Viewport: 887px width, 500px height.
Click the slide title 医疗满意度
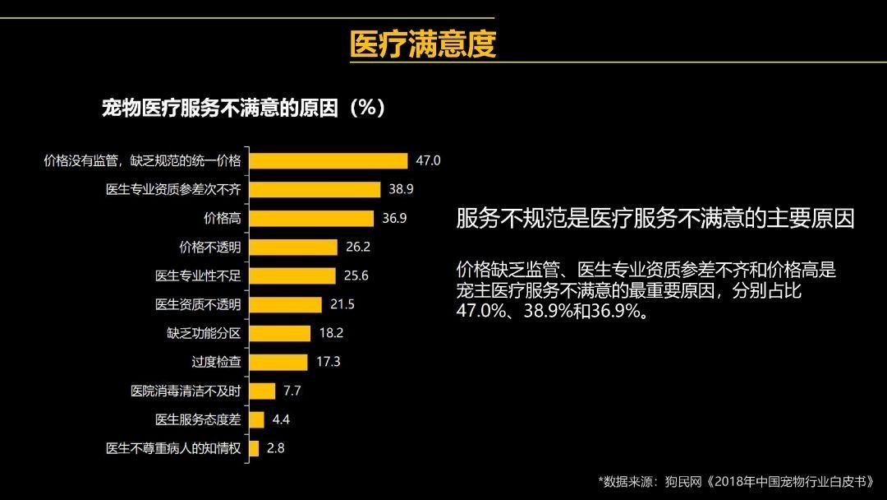click(x=423, y=44)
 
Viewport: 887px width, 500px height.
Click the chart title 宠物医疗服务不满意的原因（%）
click(x=243, y=109)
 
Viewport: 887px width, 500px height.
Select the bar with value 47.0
click(x=328, y=160)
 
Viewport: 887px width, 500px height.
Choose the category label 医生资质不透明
click(x=198, y=304)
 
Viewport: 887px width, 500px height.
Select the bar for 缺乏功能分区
click(x=279, y=333)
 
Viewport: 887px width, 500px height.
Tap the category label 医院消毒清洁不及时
click(x=186, y=391)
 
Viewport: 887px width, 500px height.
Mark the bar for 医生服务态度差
click(x=256, y=419)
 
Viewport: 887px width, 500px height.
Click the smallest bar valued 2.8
click(x=254, y=448)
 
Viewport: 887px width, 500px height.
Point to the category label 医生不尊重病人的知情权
click(x=173, y=448)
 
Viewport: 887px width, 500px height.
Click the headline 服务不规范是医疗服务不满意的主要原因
click(x=655, y=219)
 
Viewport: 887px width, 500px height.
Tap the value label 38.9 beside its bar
click(x=401, y=189)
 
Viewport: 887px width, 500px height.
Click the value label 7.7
click(x=292, y=391)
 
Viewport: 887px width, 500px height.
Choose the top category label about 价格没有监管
click(x=142, y=160)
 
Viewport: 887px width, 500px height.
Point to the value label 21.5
click(x=342, y=304)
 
